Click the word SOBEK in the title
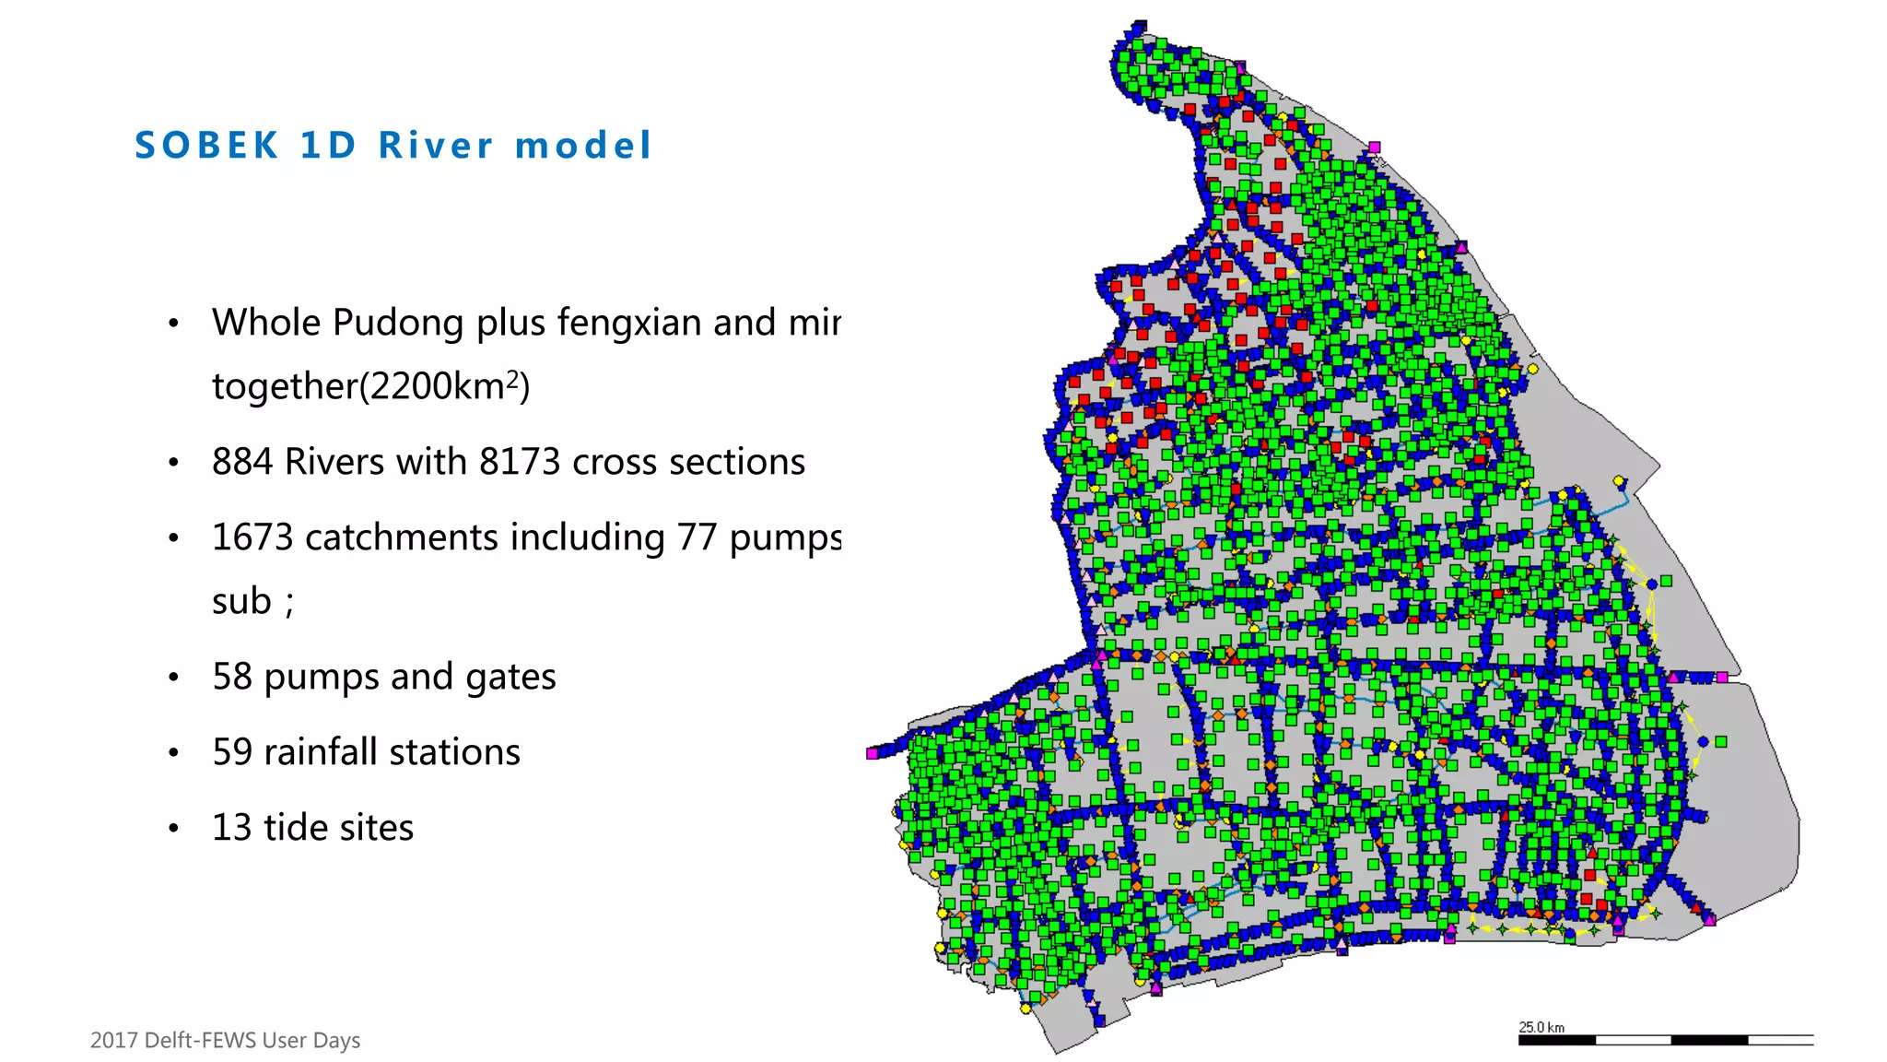206,146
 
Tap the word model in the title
583,146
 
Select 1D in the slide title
328,146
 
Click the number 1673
252,537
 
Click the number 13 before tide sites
232,828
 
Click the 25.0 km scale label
1541,1027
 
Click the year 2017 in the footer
114,1041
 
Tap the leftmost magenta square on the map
872,754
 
